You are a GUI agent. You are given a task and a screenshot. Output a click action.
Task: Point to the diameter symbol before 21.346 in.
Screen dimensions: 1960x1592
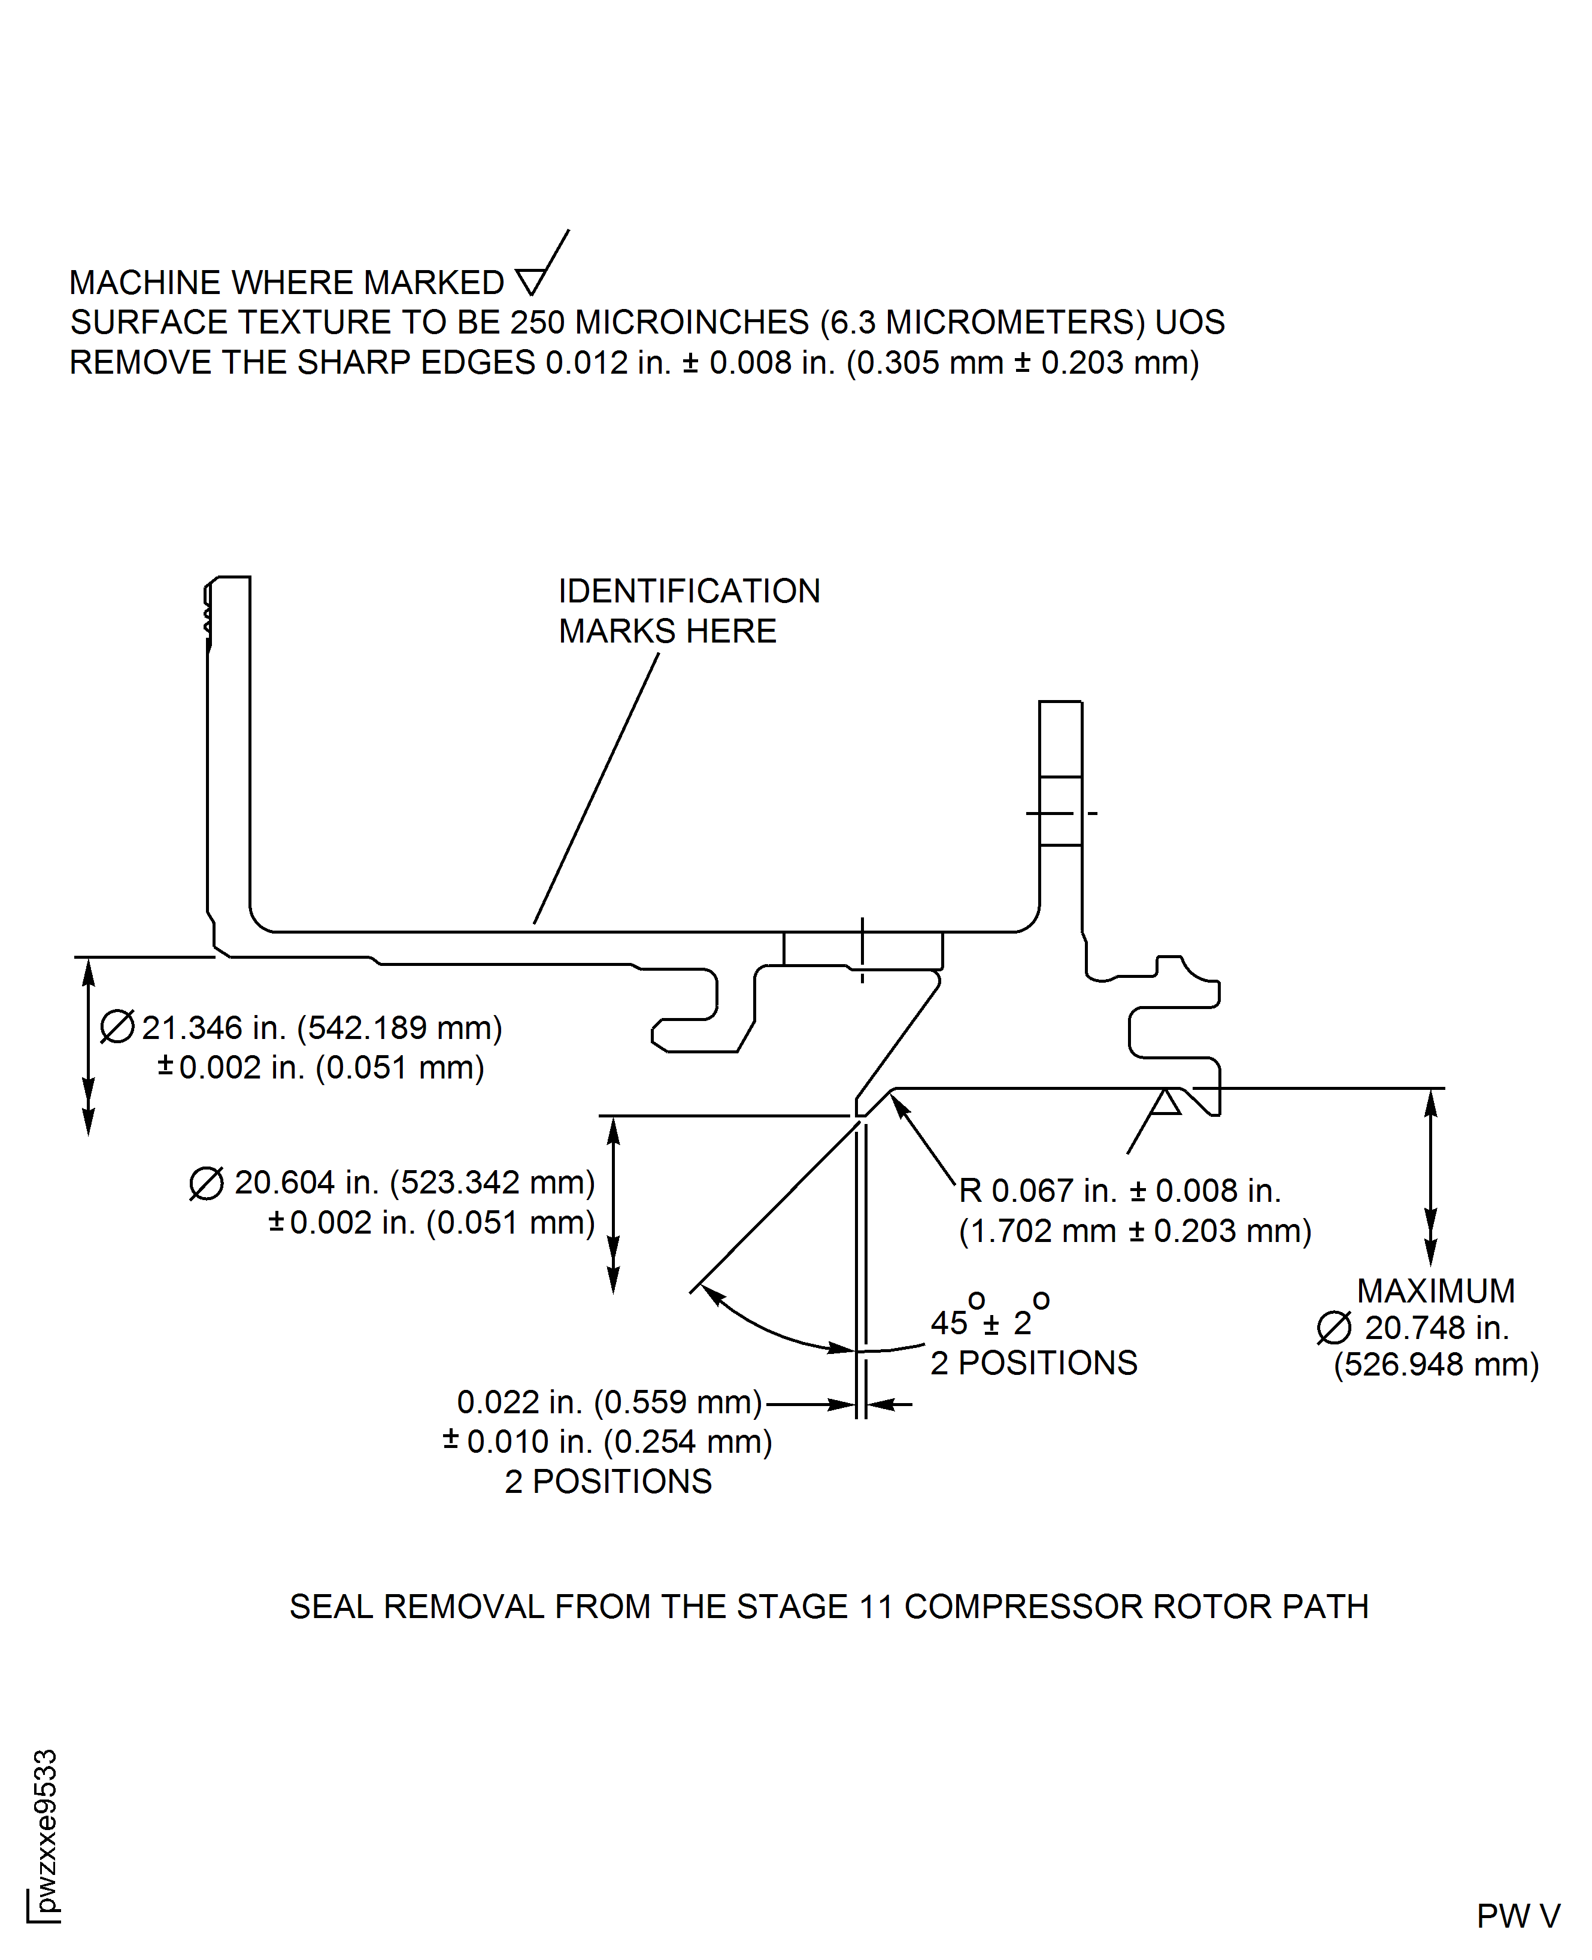[117, 1027]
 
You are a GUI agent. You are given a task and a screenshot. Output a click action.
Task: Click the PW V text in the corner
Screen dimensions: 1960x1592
[1518, 1916]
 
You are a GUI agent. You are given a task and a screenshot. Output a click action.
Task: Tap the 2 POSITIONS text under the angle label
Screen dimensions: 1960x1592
[1033, 1363]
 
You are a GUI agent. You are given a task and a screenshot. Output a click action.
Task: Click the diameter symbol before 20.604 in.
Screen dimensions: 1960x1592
[207, 1183]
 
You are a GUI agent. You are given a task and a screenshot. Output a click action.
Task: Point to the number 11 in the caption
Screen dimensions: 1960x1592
[875, 1606]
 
